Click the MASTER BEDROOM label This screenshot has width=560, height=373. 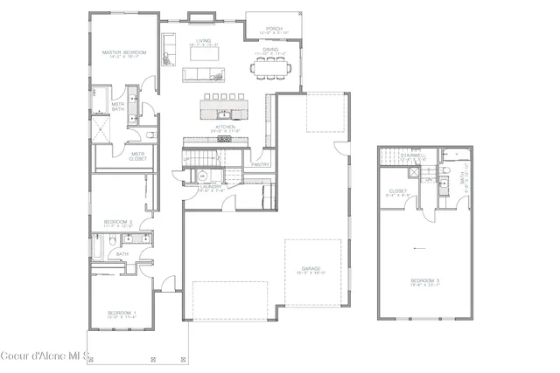(123, 53)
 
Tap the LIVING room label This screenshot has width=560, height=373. (204, 41)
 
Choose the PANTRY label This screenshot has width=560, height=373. (260, 163)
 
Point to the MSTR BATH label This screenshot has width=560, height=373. (117, 107)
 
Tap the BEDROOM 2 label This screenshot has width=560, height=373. (117, 222)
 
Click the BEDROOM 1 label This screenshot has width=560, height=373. (121, 312)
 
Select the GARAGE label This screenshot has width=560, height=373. (311, 268)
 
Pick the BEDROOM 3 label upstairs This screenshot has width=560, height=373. (425, 281)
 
